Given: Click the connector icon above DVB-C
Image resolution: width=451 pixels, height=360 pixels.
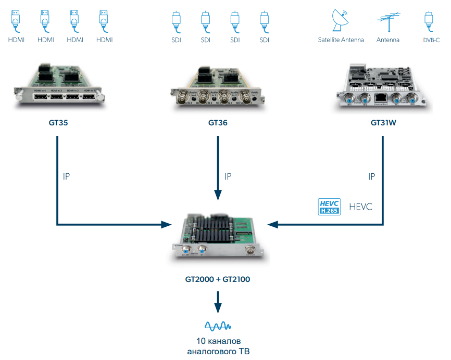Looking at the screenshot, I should coord(429,21).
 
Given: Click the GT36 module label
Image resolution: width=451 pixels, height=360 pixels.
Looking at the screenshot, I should coord(218,123).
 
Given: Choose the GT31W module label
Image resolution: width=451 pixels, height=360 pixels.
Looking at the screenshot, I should coord(384,123).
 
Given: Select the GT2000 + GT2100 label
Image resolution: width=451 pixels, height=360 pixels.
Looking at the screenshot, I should coord(218,279).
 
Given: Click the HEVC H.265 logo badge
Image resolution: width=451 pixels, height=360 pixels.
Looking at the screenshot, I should coord(329,207).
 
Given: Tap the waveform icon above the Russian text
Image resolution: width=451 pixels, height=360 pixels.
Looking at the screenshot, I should coord(218,326).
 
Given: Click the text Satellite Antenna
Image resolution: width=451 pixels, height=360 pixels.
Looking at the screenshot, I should coord(341,40).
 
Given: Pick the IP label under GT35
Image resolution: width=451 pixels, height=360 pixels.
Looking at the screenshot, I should coord(66,176).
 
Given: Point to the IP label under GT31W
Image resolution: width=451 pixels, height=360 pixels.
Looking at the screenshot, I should coord(371,176).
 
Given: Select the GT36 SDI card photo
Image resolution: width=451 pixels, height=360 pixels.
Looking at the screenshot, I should coord(218,87).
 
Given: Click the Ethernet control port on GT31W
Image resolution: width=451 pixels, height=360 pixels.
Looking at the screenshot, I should coord(380,97).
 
